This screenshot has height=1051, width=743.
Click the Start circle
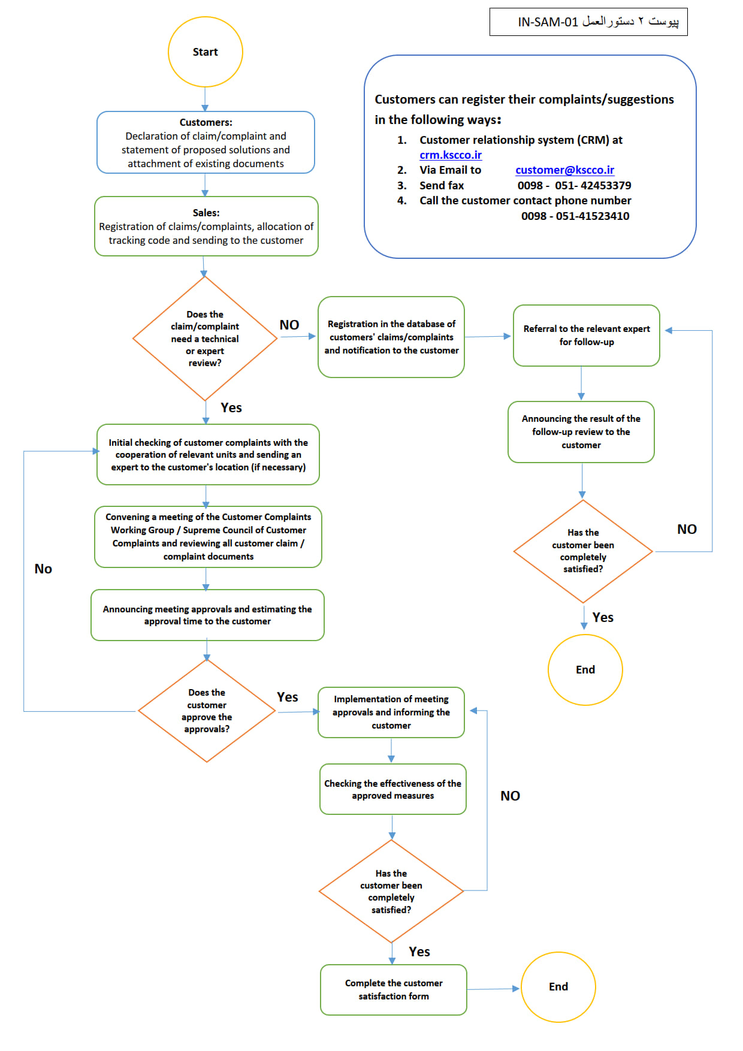click(x=205, y=52)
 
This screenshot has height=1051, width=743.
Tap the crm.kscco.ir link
click(x=451, y=155)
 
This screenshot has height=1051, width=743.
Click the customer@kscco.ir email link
click(x=564, y=170)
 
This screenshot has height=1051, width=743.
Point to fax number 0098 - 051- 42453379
click(x=574, y=186)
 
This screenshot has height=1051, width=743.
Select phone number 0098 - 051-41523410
click(x=575, y=216)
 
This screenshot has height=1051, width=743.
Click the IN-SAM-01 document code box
click(x=588, y=22)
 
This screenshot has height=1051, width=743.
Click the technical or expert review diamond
click(x=205, y=339)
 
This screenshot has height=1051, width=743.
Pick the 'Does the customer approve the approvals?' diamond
click(x=207, y=711)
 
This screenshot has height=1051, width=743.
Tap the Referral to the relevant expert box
click(x=586, y=336)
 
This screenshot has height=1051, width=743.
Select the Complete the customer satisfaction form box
click(x=393, y=990)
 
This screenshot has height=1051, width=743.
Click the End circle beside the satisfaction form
click(x=558, y=987)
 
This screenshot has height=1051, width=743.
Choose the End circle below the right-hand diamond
click(x=585, y=670)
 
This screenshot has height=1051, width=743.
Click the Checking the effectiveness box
click(x=392, y=789)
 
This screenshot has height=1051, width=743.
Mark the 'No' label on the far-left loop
click(x=43, y=569)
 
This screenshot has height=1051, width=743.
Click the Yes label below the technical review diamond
click(x=231, y=408)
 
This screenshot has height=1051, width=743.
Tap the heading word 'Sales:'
click(x=206, y=213)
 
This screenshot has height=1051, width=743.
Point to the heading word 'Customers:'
click(x=206, y=122)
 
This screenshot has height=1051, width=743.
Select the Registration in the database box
click(x=391, y=337)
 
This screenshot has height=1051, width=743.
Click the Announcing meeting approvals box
click(x=207, y=615)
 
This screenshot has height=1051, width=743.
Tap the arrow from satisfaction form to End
click(x=493, y=989)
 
